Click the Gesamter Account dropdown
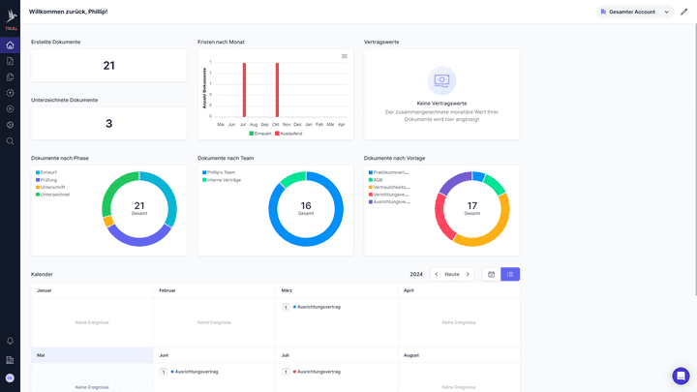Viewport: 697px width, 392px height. pyautogui.click(x=634, y=12)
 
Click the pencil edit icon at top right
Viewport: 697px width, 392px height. pyautogui.click(x=684, y=12)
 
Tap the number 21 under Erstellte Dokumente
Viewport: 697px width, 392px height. pyautogui.click(x=108, y=66)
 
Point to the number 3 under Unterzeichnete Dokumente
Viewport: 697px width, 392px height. pyautogui.click(x=108, y=124)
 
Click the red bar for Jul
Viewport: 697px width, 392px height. pyautogui.click(x=244, y=90)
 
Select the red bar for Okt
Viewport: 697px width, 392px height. pyautogui.click(x=277, y=90)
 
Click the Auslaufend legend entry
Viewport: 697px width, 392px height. pyautogui.click(x=289, y=134)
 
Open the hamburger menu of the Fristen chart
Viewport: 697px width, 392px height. pyautogui.click(x=344, y=56)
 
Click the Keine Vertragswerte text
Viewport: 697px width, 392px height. pyautogui.click(x=441, y=103)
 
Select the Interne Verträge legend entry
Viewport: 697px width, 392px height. pyautogui.click(x=224, y=180)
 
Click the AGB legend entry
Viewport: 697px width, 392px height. pyautogui.click(x=378, y=180)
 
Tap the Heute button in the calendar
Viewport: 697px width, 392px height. pyautogui.click(x=452, y=274)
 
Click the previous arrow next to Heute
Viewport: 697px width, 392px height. pyautogui.click(x=436, y=274)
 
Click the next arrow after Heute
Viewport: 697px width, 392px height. pyautogui.click(x=468, y=274)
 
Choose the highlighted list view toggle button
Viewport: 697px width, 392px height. pyautogui.click(x=510, y=274)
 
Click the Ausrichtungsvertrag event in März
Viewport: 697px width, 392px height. pyautogui.click(x=319, y=307)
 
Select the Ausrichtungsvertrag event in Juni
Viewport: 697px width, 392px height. pyautogui.click(x=197, y=371)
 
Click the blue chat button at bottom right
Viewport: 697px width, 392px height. pyautogui.click(x=681, y=376)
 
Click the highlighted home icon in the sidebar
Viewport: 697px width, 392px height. pyautogui.click(x=10, y=45)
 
